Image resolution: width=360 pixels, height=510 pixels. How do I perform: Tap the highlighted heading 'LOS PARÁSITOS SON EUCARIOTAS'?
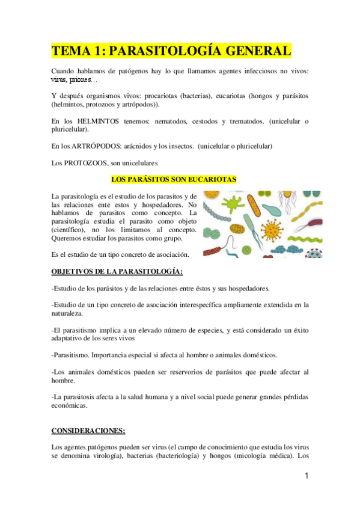click(174, 179)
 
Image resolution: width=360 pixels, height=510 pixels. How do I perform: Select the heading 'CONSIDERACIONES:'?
click(88, 431)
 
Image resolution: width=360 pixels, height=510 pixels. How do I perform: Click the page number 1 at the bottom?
click(306, 476)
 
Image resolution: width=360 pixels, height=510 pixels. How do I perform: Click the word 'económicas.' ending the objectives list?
click(70, 405)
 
